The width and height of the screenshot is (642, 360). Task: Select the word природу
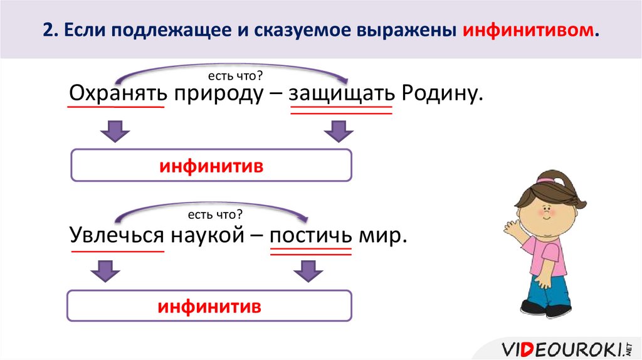(224, 95)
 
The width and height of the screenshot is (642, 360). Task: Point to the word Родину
(442, 95)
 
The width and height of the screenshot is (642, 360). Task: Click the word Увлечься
(118, 237)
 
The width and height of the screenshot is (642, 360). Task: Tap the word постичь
(310, 237)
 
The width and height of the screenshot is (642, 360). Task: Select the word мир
(382, 237)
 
